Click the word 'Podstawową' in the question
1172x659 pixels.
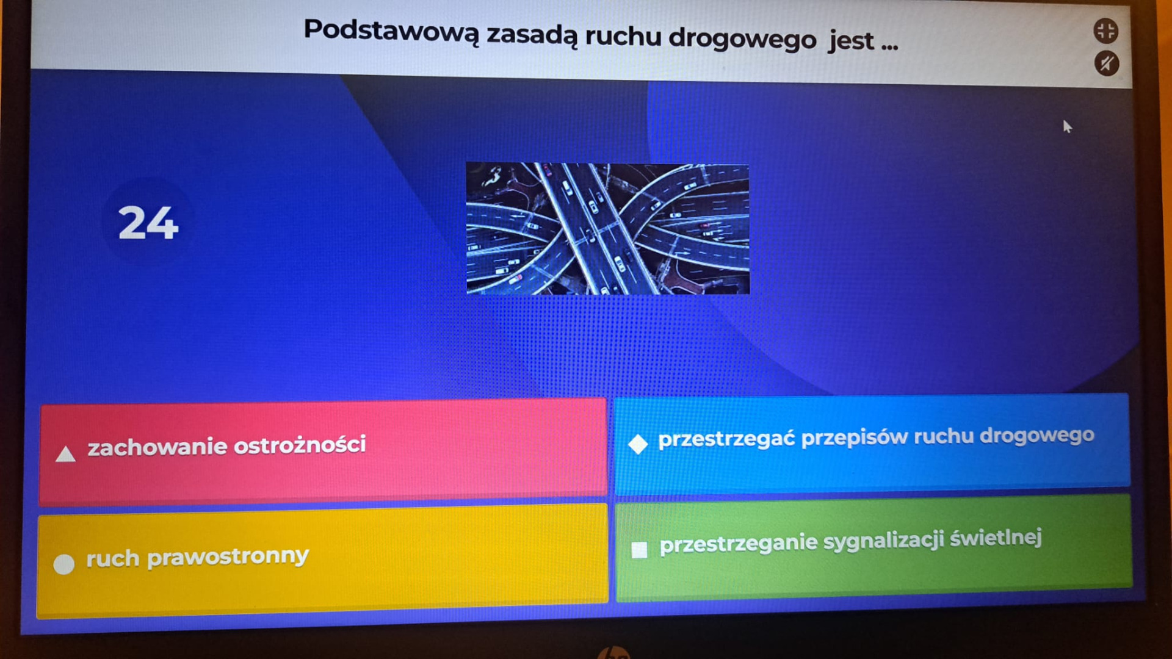point(391,31)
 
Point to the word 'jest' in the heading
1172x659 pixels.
point(851,41)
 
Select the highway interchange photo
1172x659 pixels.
point(608,228)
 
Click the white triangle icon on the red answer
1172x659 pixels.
point(65,454)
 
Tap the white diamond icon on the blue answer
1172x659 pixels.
point(638,444)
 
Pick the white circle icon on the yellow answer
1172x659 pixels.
point(64,564)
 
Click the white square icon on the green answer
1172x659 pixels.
point(639,550)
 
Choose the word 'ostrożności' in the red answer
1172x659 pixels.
point(300,445)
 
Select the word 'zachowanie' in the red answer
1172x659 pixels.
point(157,447)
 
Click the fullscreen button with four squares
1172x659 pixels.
point(1105,31)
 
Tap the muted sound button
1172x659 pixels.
point(1107,63)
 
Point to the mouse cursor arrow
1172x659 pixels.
point(1067,126)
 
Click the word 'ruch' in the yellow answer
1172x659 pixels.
point(113,558)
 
